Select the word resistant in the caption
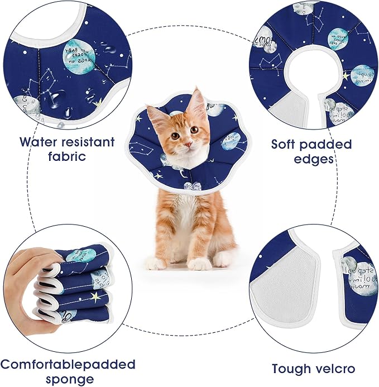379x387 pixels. pyautogui.click(x=92, y=142)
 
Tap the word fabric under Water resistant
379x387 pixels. pyautogui.click(x=67, y=156)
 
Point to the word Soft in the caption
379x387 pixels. pyautogui.click(x=287, y=145)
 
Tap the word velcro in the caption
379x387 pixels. pyautogui.click(x=334, y=369)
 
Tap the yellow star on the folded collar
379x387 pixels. pyautogui.click(x=97, y=297)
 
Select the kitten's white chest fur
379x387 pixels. pyautogui.click(x=187, y=218)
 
